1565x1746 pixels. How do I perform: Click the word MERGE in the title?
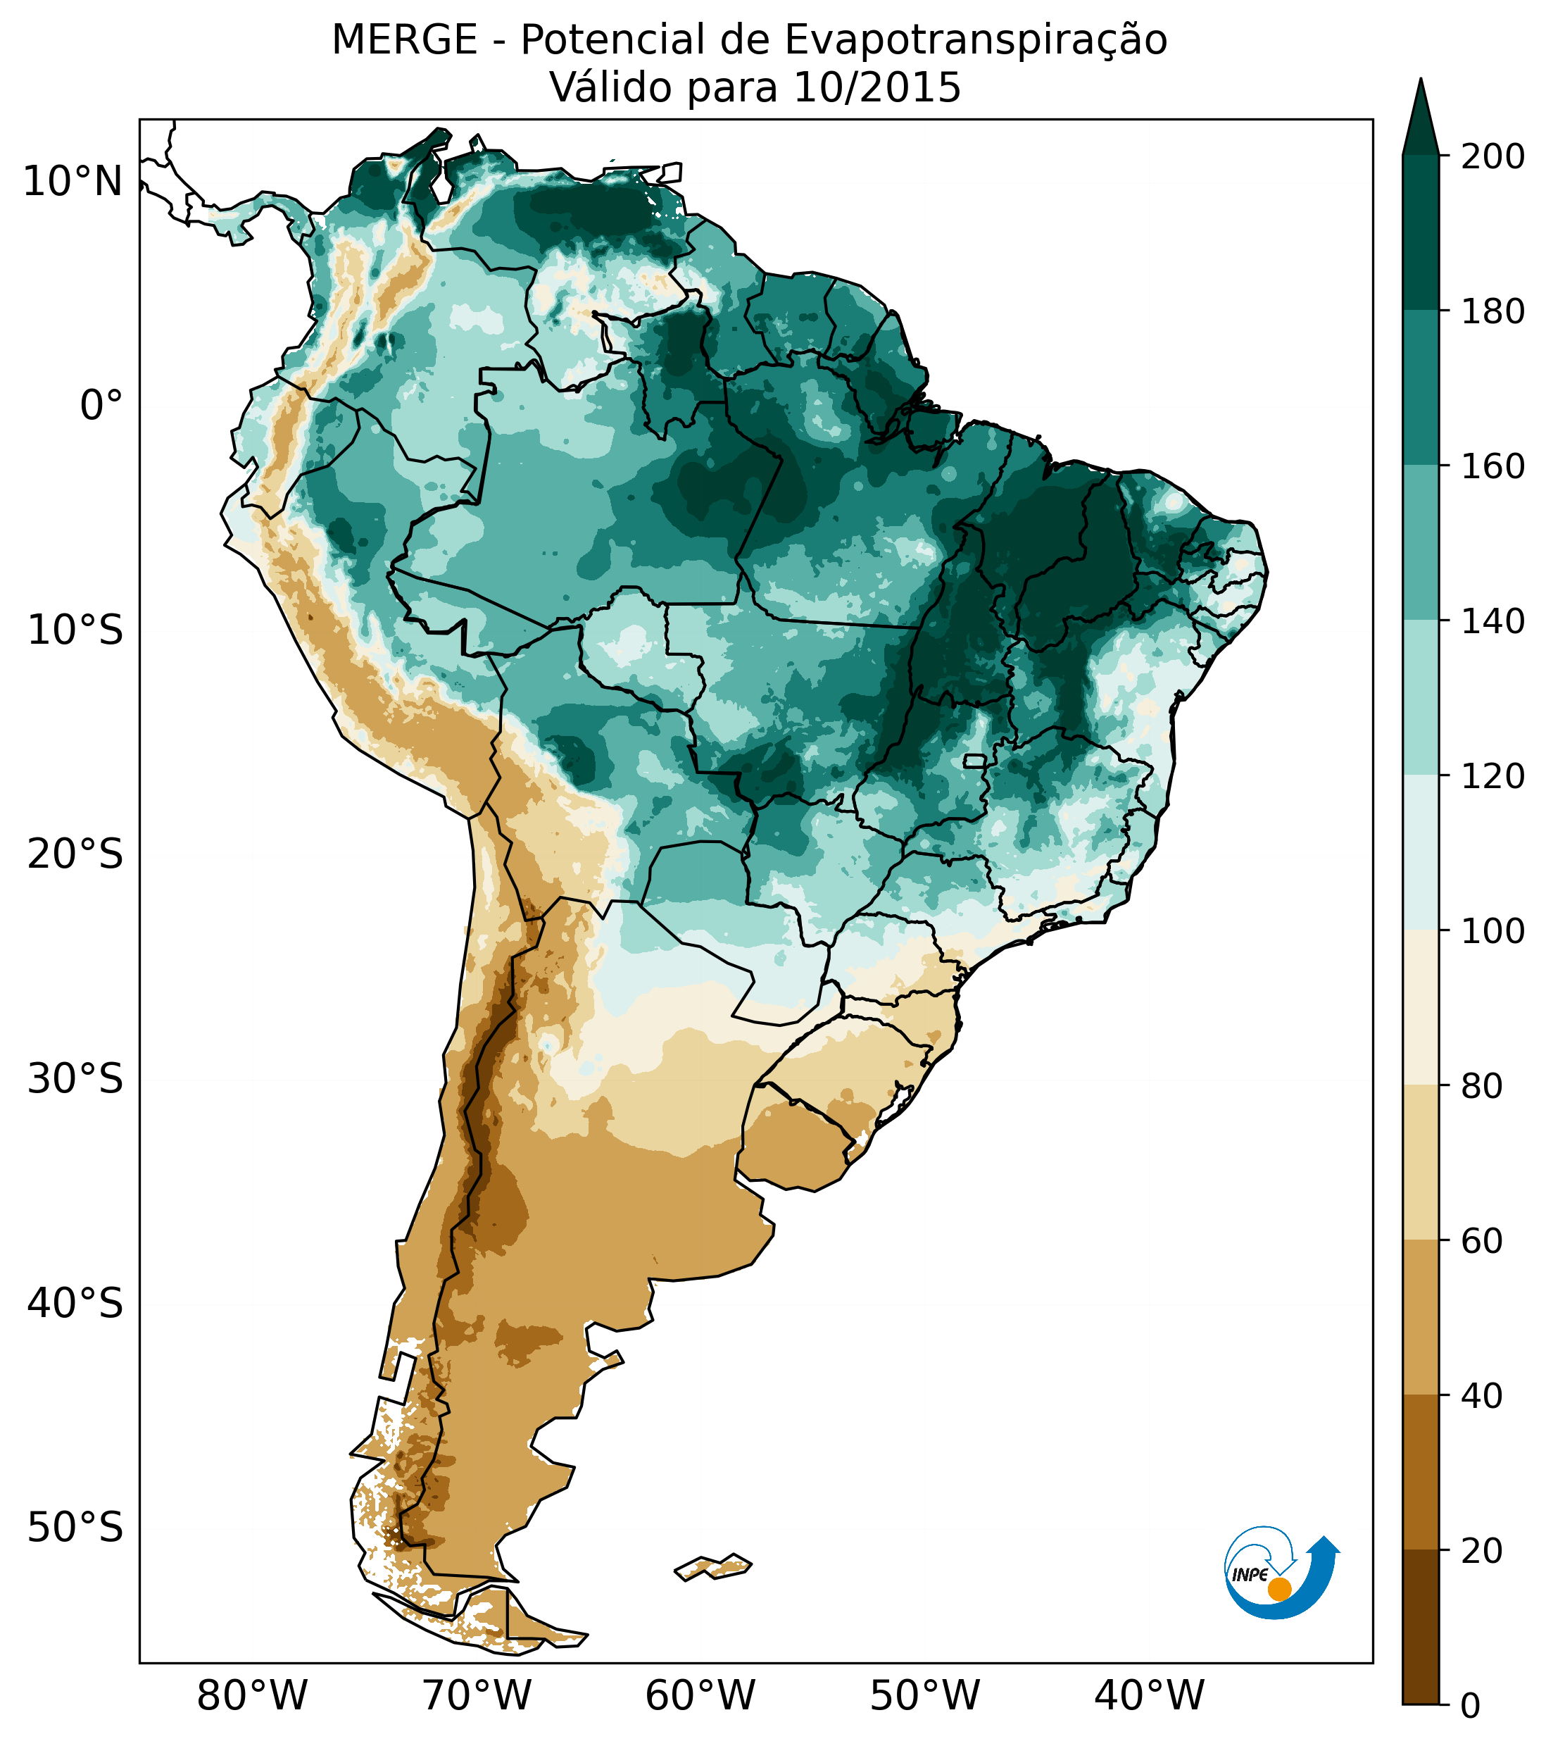(404, 40)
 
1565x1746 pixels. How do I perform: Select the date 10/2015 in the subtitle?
(877, 88)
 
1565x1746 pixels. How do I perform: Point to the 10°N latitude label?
(73, 182)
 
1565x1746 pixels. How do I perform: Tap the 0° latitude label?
(101, 406)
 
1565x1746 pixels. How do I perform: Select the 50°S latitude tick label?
(75, 1528)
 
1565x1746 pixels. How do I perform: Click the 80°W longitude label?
(252, 1696)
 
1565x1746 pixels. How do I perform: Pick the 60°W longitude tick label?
(700, 1696)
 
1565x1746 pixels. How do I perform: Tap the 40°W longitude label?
(1149, 1696)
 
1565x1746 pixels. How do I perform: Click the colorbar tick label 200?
(1492, 157)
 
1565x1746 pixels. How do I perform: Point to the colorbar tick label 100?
(1492, 932)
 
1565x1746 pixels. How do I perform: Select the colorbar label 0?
(1471, 1706)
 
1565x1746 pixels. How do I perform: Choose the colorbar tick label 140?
(1492, 622)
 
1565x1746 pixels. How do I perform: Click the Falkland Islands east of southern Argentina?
(714, 1566)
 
